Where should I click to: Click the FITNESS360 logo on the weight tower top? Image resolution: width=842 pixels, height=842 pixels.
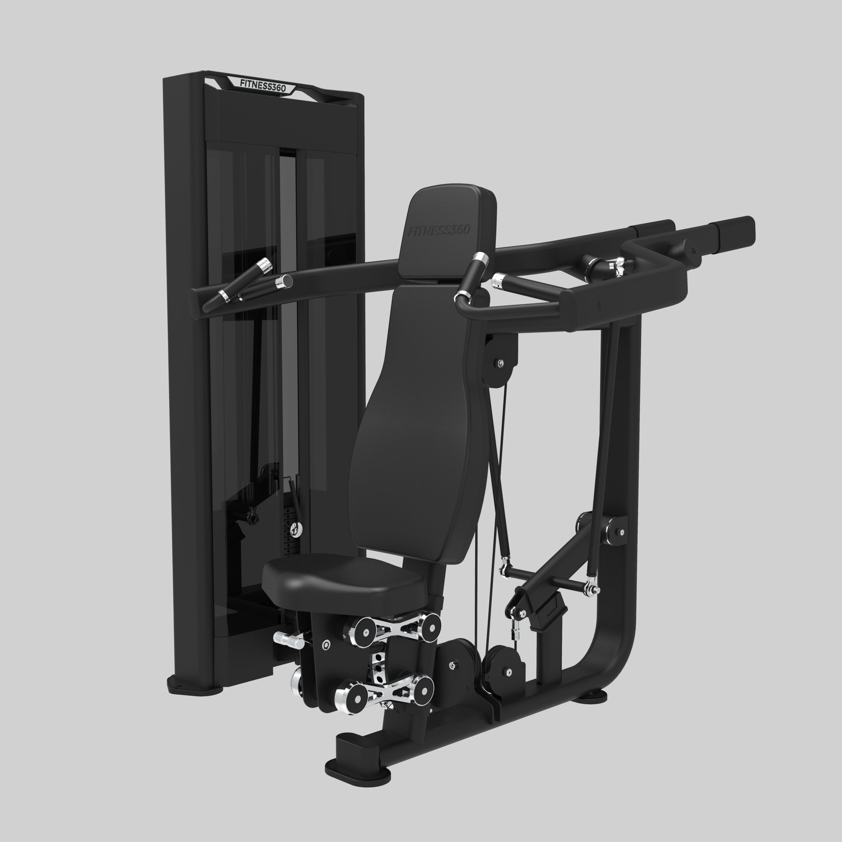(x=263, y=85)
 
